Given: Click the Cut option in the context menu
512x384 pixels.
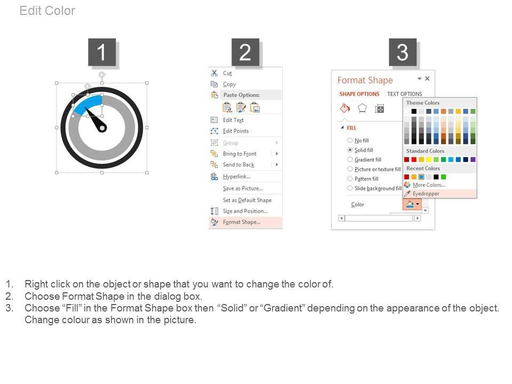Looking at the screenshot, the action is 227,73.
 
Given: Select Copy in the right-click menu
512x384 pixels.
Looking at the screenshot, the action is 229,84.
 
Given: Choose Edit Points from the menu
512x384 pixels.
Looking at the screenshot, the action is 236,131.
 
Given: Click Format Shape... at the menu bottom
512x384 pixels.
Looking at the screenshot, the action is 242,222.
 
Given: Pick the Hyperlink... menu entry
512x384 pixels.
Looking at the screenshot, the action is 237,177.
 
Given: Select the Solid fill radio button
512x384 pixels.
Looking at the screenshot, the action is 350,150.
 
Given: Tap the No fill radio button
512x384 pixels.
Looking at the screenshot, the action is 350,140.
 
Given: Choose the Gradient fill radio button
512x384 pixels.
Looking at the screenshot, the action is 350,159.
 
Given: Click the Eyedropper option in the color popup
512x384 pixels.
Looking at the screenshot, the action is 426,194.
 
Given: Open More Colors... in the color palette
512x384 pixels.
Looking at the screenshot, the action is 429,185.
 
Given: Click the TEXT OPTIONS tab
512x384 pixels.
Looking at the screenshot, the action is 405,94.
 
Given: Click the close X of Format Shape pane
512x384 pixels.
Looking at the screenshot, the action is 427,78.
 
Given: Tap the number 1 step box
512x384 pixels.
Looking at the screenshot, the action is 102,52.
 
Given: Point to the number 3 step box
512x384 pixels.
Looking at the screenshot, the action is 403,52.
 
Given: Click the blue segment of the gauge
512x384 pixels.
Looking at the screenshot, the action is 86,103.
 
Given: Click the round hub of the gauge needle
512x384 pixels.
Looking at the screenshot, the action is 102,128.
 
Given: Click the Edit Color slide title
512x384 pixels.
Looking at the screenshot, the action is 47,11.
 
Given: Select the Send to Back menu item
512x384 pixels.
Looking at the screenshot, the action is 239,165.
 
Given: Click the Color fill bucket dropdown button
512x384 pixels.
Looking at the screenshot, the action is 412,204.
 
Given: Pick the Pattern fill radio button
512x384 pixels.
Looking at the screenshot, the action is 350,179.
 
